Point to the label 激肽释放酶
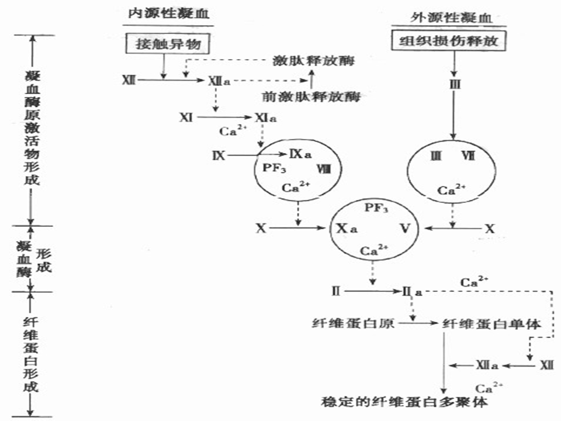coord(313,61)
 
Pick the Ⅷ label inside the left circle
coord(323,169)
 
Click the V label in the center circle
coord(403,228)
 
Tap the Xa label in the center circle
coord(346,229)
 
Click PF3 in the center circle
coord(376,208)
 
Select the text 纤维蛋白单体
coord(492,323)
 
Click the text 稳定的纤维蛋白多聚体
coord(405,403)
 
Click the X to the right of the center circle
coord(489,229)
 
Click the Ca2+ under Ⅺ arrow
coord(231,132)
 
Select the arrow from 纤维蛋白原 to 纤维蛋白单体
coord(418,323)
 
